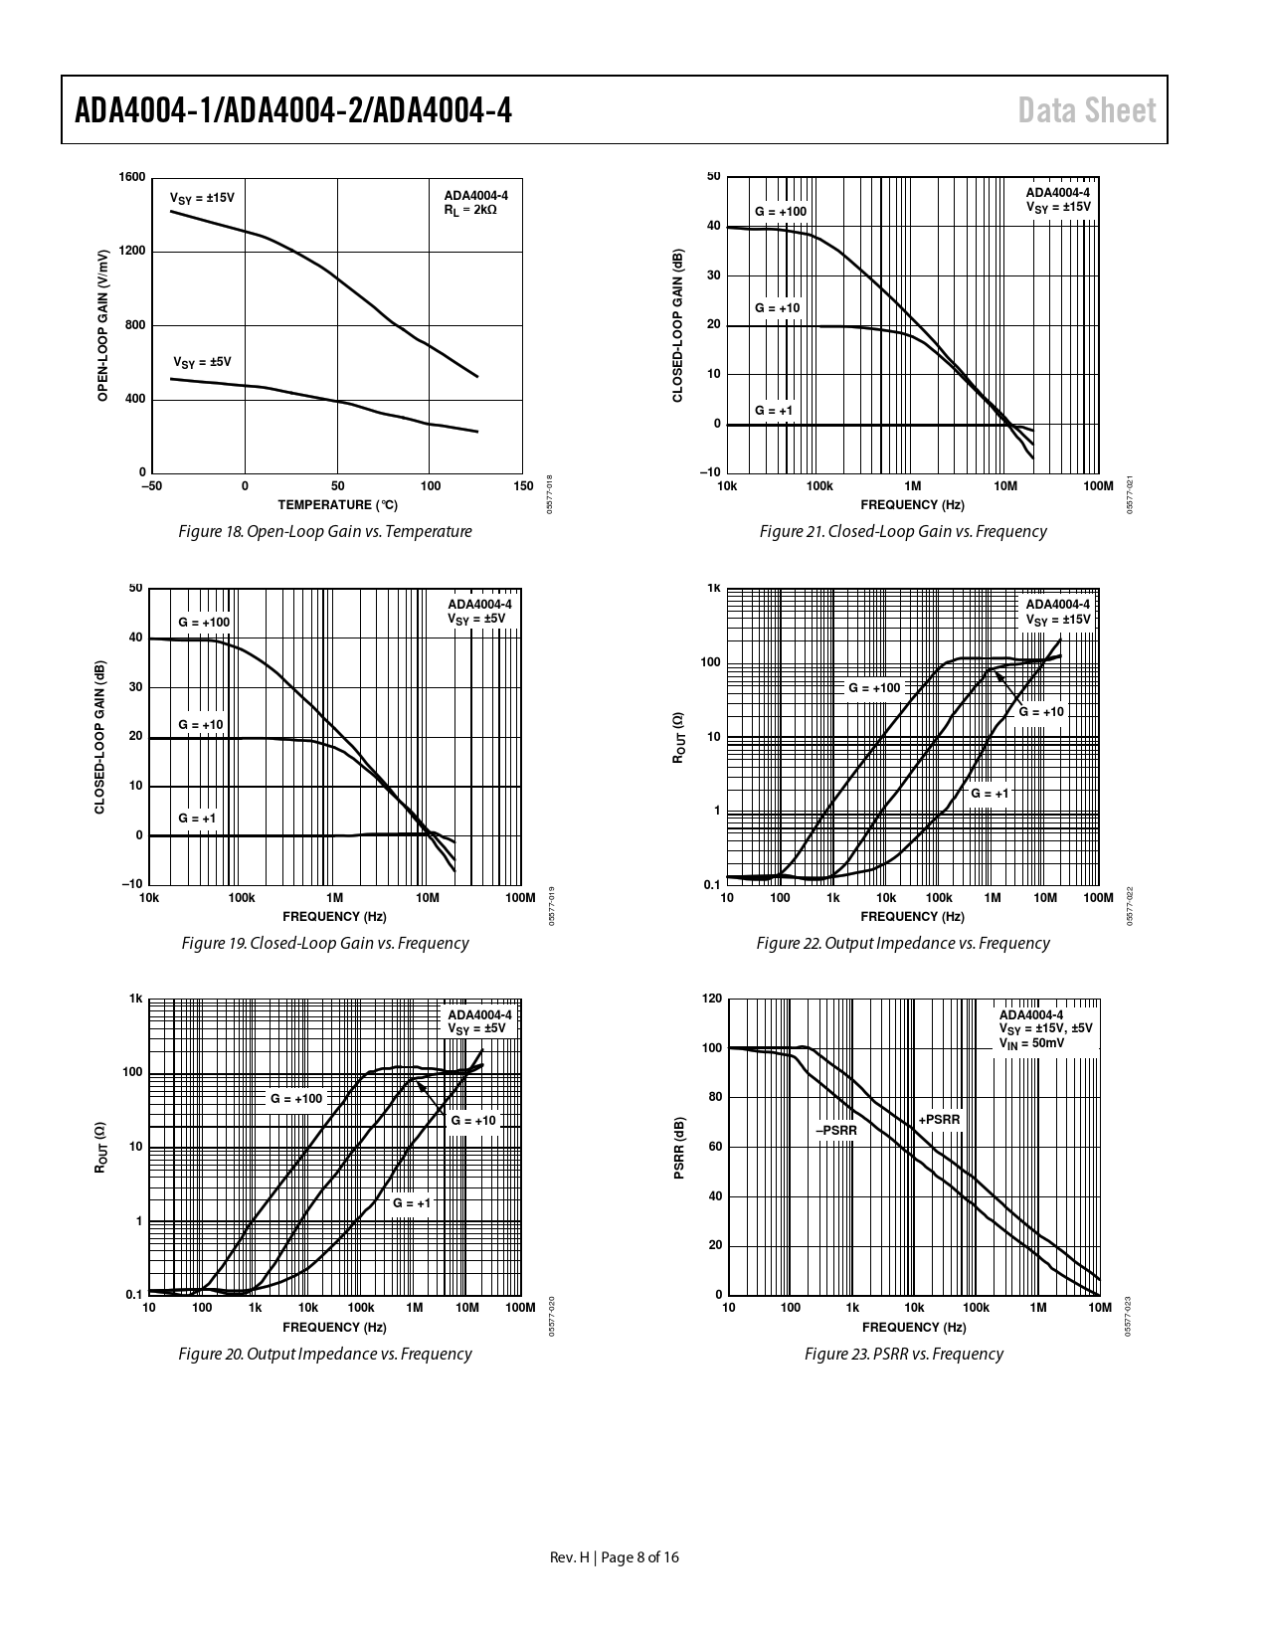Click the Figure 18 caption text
(x=324, y=531)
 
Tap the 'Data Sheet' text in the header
(x=1087, y=110)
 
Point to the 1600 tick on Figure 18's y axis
(x=132, y=177)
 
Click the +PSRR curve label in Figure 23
(x=940, y=1120)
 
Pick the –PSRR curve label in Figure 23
(x=836, y=1130)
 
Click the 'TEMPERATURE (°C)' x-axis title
(x=338, y=505)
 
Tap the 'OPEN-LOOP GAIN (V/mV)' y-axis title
(x=102, y=325)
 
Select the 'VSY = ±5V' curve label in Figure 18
(x=202, y=362)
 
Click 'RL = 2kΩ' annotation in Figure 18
(x=470, y=210)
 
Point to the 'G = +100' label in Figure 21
(x=781, y=212)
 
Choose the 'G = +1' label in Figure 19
(x=197, y=818)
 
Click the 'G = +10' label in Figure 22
(x=1041, y=711)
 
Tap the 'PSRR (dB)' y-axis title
(x=680, y=1148)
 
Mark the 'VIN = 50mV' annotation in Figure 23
(x=1032, y=1043)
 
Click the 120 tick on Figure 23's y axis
(x=712, y=999)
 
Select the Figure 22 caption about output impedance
(x=902, y=943)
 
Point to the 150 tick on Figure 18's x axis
(x=523, y=486)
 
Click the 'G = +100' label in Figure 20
(x=296, y=1098)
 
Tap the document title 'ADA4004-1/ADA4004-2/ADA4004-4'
(x=293, y=110)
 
